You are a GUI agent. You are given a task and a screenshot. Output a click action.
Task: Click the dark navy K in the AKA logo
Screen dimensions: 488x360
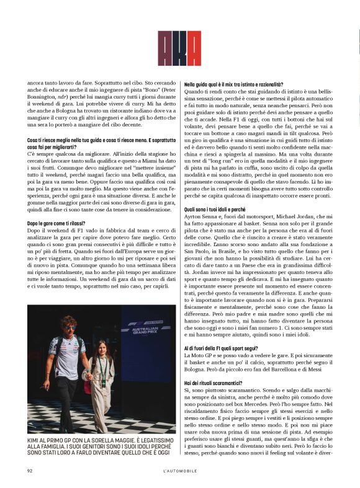[179, 48]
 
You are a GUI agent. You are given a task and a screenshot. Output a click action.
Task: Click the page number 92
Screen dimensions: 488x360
[29, 471]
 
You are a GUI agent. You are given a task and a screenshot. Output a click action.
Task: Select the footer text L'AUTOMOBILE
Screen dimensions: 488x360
[179, 471]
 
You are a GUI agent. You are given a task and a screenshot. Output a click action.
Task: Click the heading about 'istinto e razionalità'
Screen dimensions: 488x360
[233, 83]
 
